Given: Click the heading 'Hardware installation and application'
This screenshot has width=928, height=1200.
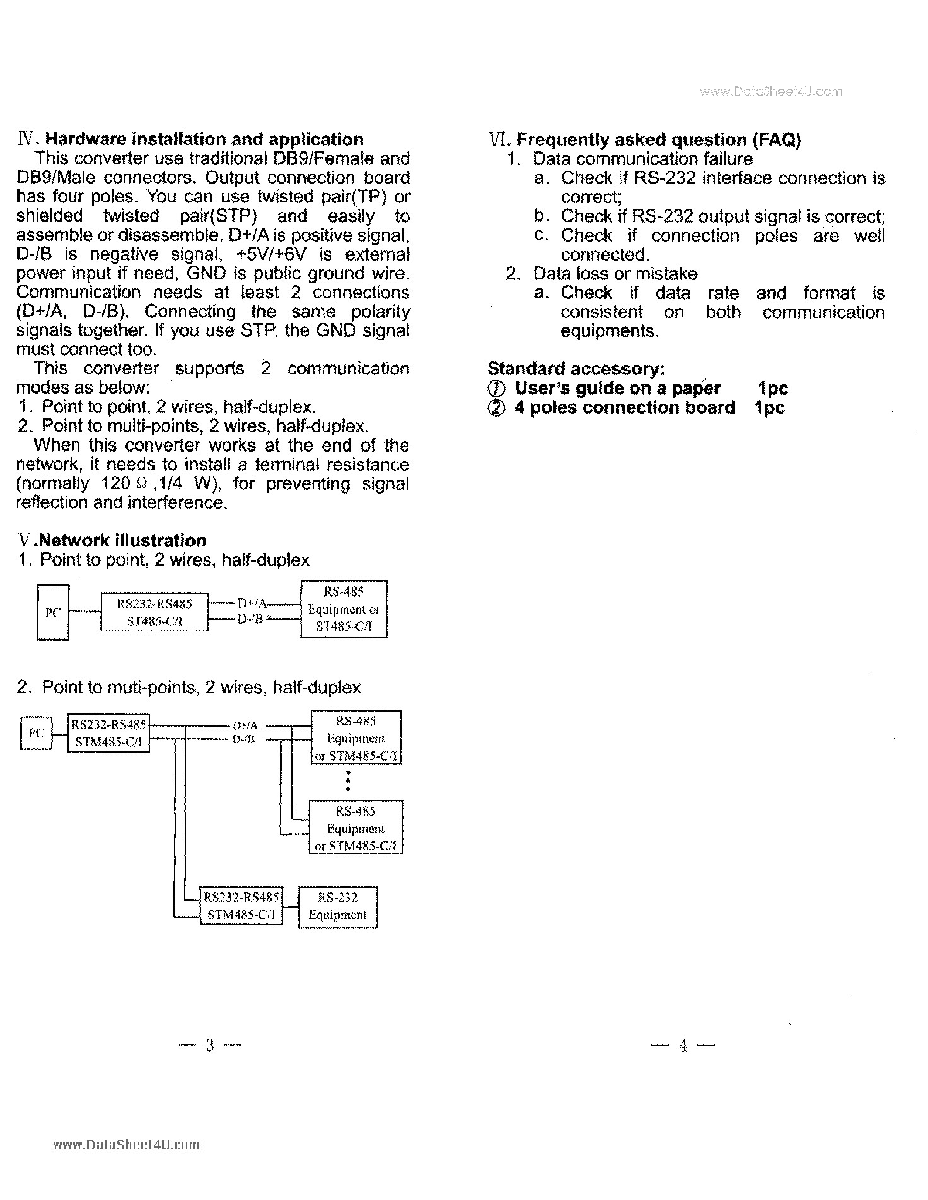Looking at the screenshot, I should (x=204, y=139).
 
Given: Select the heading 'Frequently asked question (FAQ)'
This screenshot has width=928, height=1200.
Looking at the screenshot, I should (x=658, y=140).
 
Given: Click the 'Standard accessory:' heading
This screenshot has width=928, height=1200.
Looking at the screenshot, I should (x=576, y=368).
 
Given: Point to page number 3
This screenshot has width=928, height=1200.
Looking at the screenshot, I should (x=210, y=1045).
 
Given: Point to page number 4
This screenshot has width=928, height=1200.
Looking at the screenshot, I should (x=683, y=1045).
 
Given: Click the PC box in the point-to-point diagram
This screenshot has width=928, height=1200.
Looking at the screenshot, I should (x=53, y=612).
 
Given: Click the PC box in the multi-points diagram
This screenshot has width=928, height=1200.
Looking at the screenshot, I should (x=36, y=732).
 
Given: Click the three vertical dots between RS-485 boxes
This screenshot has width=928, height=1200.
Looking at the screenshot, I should (x=348, y=781).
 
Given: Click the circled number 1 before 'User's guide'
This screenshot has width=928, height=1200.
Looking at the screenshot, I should (x=496, y=389).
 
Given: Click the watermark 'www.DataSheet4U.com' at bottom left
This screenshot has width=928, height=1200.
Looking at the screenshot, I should (x=127, y=1145).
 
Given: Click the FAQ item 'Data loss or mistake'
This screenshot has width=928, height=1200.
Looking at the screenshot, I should (x=614, y=274).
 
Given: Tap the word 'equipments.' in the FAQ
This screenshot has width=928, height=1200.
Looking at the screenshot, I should (x=609, y=331).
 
